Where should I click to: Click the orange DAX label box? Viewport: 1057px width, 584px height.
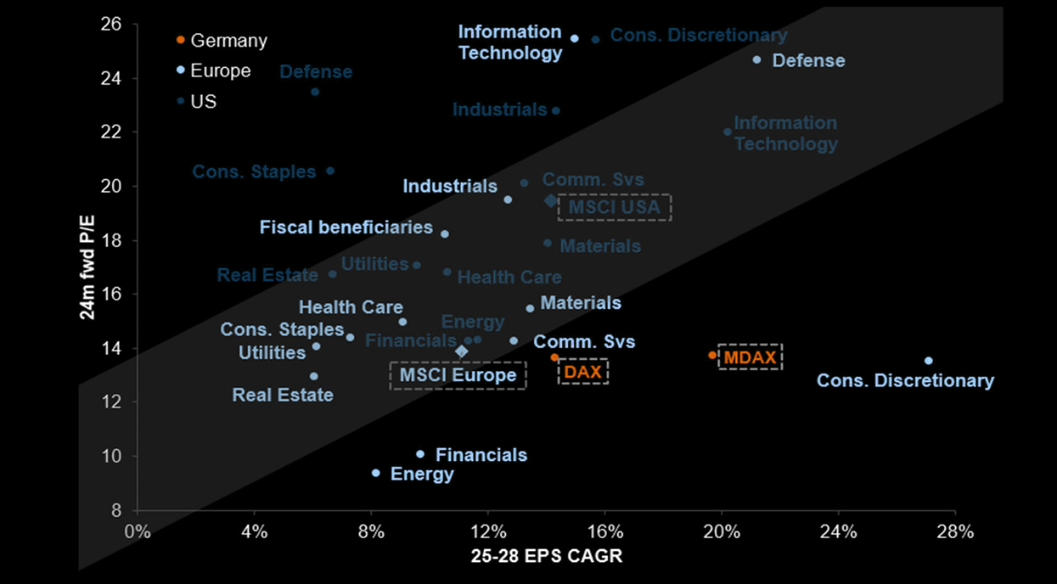point(583,372)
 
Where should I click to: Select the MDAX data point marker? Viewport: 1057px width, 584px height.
point(712,355)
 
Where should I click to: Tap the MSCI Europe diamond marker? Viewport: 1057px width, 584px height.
point(462,351)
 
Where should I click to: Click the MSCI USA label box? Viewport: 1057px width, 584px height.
point(615,207)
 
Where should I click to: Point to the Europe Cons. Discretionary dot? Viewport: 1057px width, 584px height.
point(928,361)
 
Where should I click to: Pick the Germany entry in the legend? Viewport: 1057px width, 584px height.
point(222,40)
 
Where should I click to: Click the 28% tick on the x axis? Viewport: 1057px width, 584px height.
point(955,532)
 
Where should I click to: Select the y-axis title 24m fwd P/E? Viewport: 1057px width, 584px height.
point(87,267)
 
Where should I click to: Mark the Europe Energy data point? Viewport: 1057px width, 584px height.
point(375,473)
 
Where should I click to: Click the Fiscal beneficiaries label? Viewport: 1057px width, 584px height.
point(346,227)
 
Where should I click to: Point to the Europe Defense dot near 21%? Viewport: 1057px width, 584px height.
point(756,60)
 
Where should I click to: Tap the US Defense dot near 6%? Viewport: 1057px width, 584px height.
point(315,92)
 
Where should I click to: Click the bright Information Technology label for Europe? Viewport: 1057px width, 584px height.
point(509,42)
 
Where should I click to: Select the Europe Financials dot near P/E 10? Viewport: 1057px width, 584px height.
point(420,454)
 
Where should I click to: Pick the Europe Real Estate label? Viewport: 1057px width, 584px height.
point(283,395)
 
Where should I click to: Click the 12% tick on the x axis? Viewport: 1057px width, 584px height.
point(487,532)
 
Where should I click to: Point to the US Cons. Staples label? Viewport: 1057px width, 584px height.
point(254,171)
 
